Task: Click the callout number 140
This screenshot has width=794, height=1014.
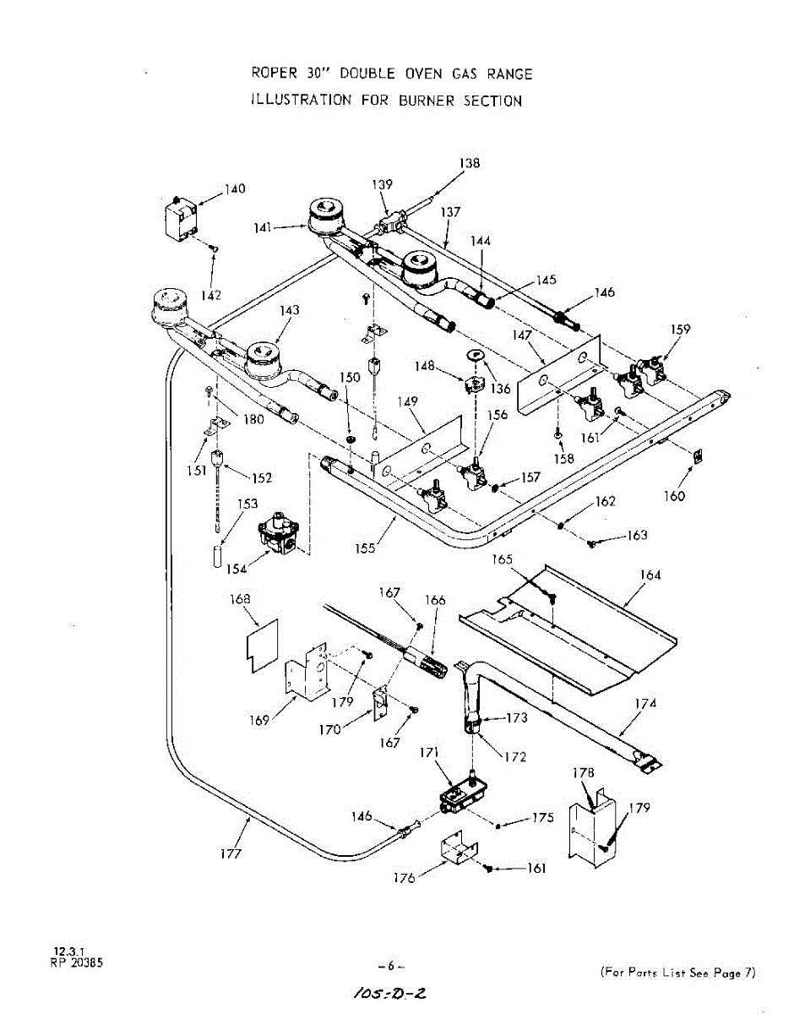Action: click(234, 188)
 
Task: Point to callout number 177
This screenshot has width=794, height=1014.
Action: click(231, 853)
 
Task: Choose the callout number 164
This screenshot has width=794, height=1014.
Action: click(650, 575)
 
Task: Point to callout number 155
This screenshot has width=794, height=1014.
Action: click(367, 548)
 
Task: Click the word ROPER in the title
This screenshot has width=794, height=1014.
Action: click(271, 74)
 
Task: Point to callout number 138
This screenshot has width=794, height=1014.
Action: click(470, 163)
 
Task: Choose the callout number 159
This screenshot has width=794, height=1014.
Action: click(680, 330)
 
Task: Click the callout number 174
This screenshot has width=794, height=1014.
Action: click(645, 703)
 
